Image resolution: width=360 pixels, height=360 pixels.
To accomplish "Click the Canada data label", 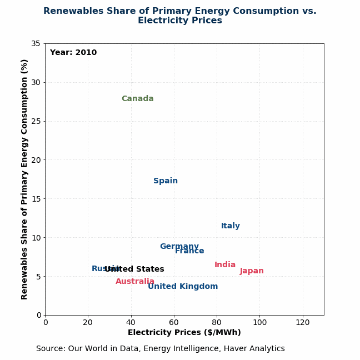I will (x=137, y=99).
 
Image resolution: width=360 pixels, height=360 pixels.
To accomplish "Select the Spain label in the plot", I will (x=166, y=181).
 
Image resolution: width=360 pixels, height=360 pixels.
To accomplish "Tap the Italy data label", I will (x=231, y=226).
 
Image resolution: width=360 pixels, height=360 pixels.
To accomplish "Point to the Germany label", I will (x=179, y=247).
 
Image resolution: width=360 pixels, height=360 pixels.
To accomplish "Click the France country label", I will (x=190, y=251).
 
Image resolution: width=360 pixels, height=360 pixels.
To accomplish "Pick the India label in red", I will (x=225, y=265).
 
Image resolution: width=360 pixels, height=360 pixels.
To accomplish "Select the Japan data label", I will (x=252, y=271).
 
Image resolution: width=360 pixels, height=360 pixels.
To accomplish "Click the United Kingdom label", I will (x=183, y=287).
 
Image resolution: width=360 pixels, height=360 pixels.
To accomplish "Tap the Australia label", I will (x=135, y=282).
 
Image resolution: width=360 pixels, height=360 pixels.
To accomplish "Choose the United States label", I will (x=134, y=269).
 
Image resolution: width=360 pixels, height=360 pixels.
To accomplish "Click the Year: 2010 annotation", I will (x=73, y=53).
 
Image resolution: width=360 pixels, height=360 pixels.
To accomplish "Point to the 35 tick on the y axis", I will (x=36, y=43).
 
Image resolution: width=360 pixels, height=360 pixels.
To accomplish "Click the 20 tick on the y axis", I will (x=36, y=160).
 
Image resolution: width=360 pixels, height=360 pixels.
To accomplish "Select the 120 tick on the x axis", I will (x=302, y=322).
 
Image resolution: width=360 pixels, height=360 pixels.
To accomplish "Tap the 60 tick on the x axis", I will (x=174, y=322).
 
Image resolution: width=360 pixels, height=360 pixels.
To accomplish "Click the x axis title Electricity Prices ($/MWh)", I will (x=184, y=333).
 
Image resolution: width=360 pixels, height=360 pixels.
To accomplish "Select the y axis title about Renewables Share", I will (x=24, y=179).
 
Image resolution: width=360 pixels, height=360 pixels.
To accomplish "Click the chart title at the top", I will (x=180, y=16).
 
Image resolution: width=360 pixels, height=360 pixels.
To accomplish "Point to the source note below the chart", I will (x=161, y=349).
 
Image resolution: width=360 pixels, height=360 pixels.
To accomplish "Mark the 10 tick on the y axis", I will (x=36, y=237).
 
